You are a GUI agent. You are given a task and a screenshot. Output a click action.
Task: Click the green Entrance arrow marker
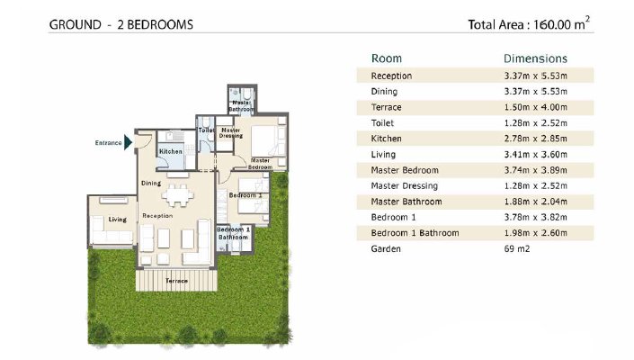(x=129, y=142)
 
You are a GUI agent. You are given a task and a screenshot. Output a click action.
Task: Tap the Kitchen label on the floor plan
(x=171, y=151)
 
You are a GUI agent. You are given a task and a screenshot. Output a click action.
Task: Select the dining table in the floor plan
(x=178, y=196)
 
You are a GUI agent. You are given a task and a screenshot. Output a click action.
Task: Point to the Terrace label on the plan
(x=176, y=281)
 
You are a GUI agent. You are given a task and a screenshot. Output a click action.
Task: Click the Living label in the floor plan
(x=117, y=220)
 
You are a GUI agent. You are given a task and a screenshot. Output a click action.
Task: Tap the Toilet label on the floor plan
(x=206, y=130)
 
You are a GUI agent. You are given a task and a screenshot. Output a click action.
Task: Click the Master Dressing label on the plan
(x=231, y=133)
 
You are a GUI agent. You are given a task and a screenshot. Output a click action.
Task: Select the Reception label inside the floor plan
(x=157, y=216)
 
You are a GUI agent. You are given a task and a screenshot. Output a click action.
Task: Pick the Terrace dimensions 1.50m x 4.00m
(x=535, y=108)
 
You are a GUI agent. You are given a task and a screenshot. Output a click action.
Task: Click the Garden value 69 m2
(x=517, y=248)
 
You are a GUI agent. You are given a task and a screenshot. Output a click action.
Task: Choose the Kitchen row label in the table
(x=386, y=139)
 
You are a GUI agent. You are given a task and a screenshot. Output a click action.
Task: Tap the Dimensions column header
(x=535, y=58)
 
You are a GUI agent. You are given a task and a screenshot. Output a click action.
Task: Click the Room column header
(x=387, y=58)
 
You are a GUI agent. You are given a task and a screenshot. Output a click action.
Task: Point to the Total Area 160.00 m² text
(x=529, y=24)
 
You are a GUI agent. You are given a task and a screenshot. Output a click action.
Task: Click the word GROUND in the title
(x=76, y=24)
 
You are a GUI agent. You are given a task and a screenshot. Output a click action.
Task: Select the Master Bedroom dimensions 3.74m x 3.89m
(x=535, y=170)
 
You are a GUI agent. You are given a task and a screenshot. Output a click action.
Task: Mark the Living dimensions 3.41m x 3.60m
(x=535, y=155)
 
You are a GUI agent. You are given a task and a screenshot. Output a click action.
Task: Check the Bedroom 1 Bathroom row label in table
(x=415, y=233)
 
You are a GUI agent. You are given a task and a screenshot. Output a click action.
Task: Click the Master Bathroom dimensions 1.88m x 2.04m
(x=535, y=202)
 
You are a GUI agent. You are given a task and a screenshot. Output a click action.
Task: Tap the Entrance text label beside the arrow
(x=108, y=143)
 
